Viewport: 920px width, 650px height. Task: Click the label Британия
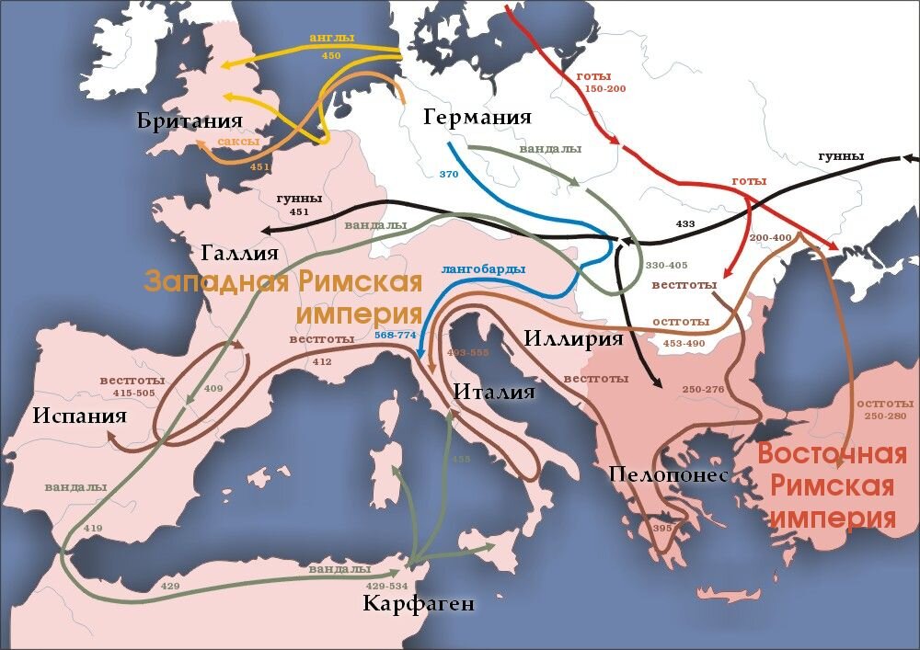point(190,121)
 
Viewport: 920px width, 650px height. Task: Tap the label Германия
point(477,117)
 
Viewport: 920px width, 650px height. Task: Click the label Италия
point(494,392)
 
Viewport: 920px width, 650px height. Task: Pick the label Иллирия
point(573,338)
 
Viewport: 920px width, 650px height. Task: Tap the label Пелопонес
point(668,474)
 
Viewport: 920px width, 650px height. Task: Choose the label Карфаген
point(419,603)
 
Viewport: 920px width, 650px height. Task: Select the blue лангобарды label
point(483,269)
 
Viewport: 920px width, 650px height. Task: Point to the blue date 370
point(448,174)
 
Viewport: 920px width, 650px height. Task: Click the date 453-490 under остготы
point(680,342)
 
